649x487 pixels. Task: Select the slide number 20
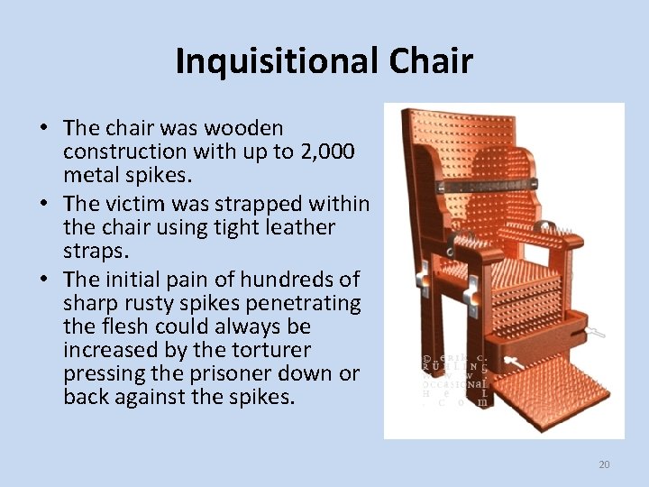(x=604, y=464)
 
